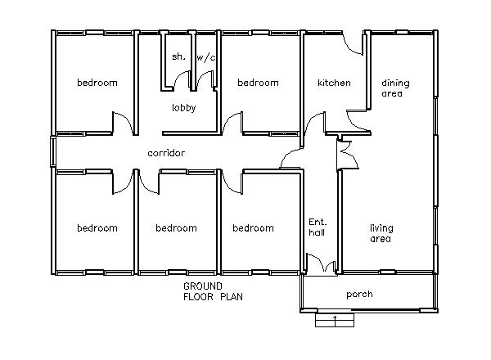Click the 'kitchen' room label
coord(334,83)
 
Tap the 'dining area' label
coord(395,88)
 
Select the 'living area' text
coord(381,233)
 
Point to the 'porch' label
coord(359,295)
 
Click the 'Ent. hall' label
coord(318,227)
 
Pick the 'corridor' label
coord(166,153)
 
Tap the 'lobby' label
coord(184,107)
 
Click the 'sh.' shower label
coord(178,56)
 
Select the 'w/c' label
coord(205,57)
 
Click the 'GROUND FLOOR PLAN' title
coord(213,291)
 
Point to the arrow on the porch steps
coord(335,319)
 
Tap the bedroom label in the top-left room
coord(97,83)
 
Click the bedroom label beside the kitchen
coord(258,83)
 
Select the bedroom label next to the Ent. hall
coord(253,228)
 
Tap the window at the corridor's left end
coord(53,152)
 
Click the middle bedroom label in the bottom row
coord(176,228)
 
